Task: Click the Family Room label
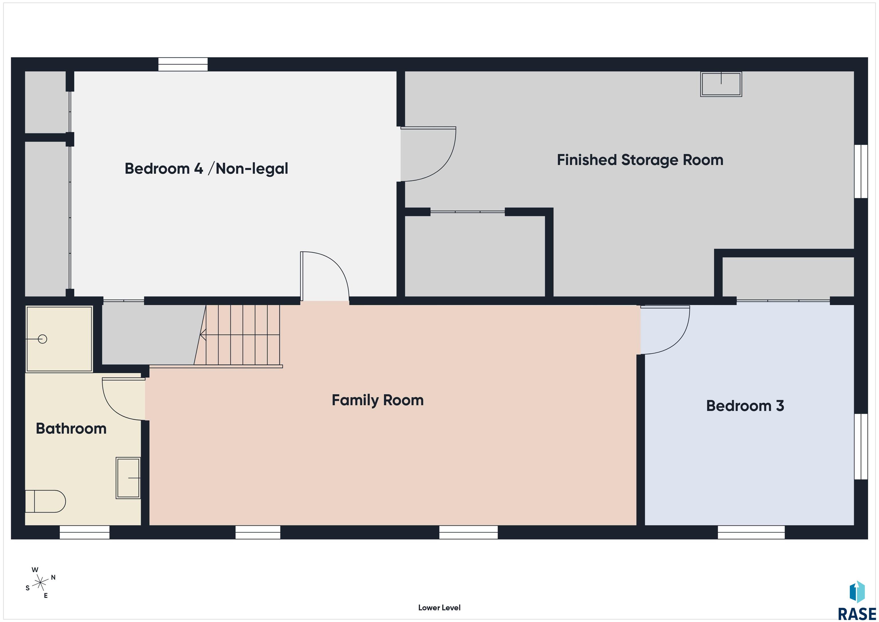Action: [x=377, y=400]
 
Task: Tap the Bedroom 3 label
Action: [x=745, y=406]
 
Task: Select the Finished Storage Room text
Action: [x=640, y=160]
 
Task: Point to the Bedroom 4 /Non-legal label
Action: [x=206, y=169]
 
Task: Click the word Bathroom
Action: [x=71, y=429]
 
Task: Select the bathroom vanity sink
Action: [x=128, y=478]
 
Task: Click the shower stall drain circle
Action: [x=43, y=339]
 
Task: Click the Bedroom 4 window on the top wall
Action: [x=183, y=64]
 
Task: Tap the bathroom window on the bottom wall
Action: [x=85, y=532]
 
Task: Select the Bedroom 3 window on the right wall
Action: [x=861, y=446]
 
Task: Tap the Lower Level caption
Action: [x=439, y=607]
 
